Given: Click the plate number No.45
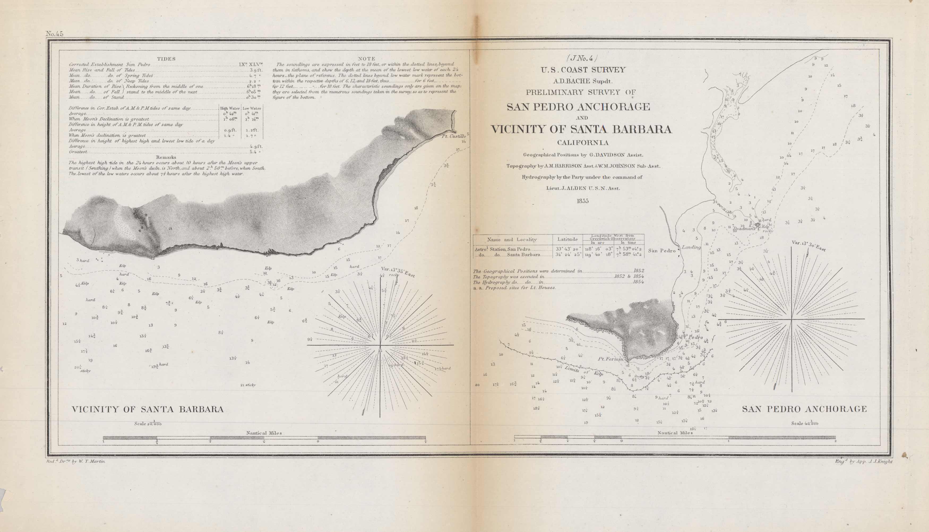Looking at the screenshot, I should tap(54, 34).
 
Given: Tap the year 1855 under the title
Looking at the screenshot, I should tap(582, 201).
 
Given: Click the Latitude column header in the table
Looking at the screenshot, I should tap(567, 239).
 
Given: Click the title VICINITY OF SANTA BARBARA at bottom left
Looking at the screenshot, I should tap(148, 409).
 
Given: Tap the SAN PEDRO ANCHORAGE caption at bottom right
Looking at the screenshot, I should tap(804, 409).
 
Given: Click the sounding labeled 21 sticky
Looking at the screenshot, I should tap(248, 385).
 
